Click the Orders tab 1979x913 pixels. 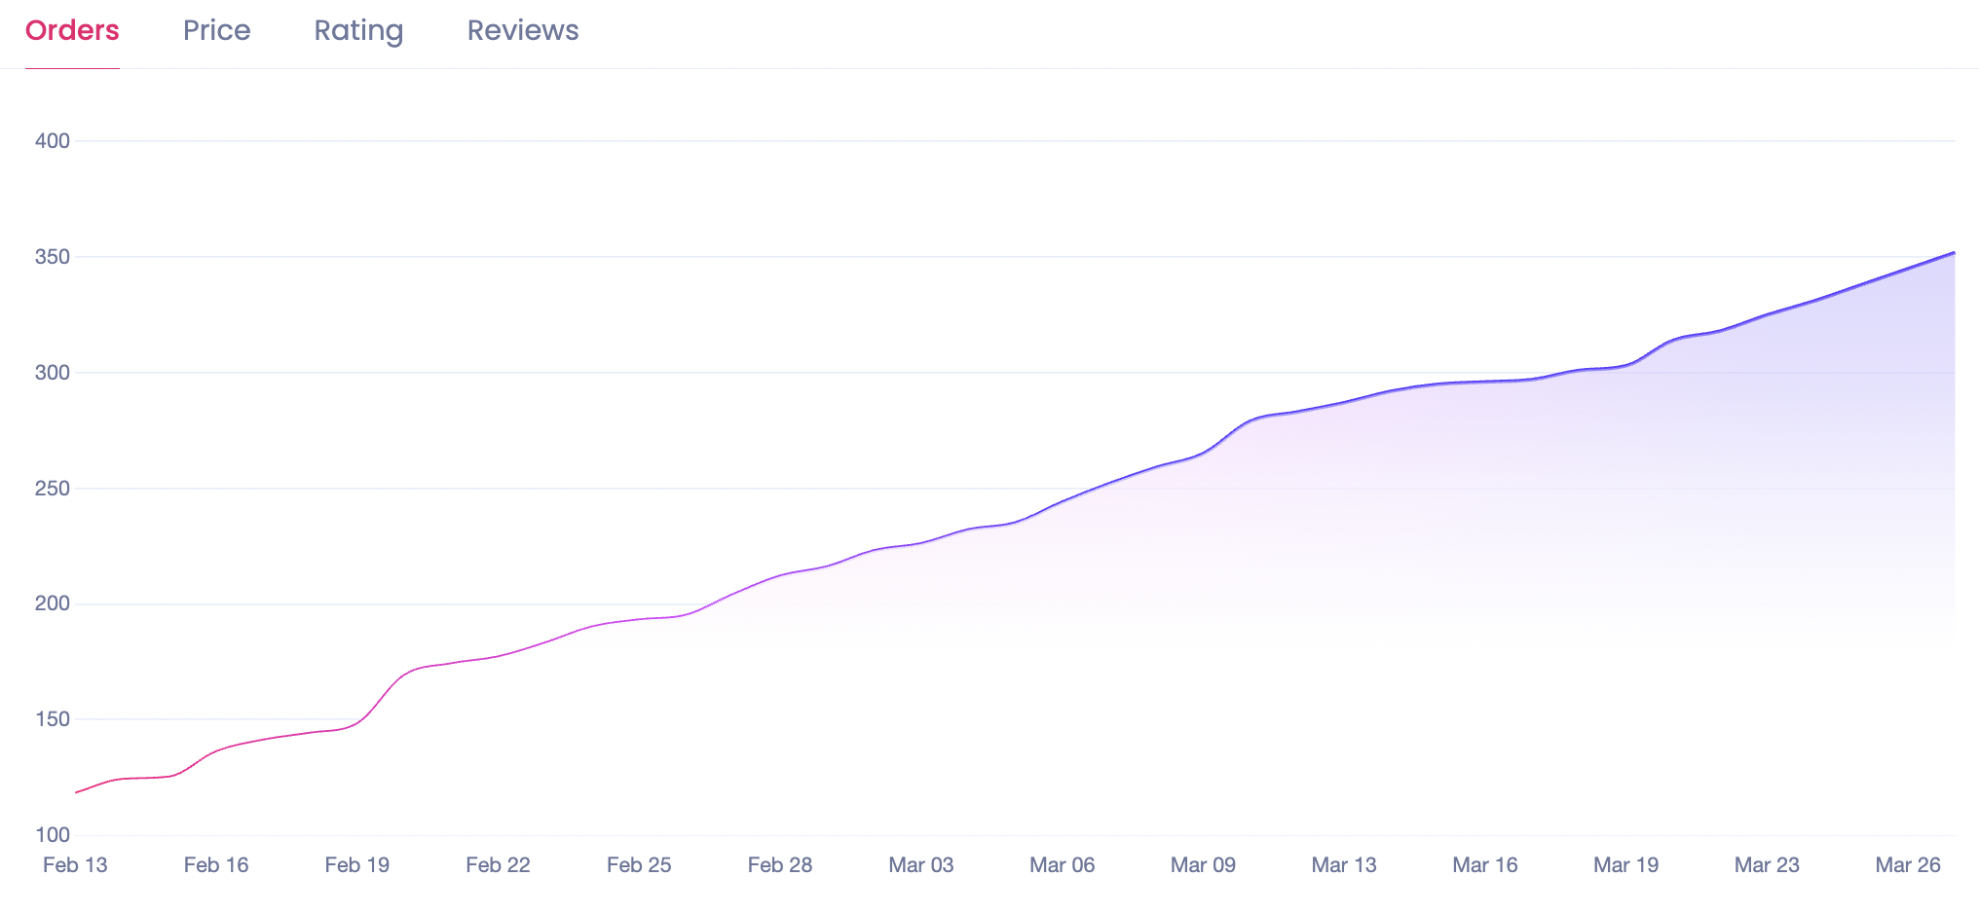coord(72,31)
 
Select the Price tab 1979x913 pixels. coord(216,31)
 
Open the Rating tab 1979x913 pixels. coord(358,31)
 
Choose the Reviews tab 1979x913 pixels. coord(523,31)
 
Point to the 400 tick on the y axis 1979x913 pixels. coord(53,141)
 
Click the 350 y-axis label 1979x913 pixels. coord(53,257)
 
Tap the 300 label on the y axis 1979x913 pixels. coord(53,373)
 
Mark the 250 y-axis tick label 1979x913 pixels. coord(53,489)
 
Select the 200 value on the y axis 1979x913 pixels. coord(53,603)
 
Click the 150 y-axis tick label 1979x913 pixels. coord(53,719)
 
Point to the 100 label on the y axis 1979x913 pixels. coord(53,835)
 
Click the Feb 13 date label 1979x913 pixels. coord(75,865)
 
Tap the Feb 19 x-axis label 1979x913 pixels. coord(356,865)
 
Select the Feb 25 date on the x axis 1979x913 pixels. coord(639,865)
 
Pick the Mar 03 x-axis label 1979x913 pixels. coord(920,865)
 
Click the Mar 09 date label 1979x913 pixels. coord(1203,865)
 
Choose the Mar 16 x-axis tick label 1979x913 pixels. coord(1484,865)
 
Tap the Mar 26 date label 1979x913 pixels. coord(1908,865)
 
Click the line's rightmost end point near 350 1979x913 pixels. coord(1954,253)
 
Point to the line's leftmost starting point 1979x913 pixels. coord(77,792)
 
